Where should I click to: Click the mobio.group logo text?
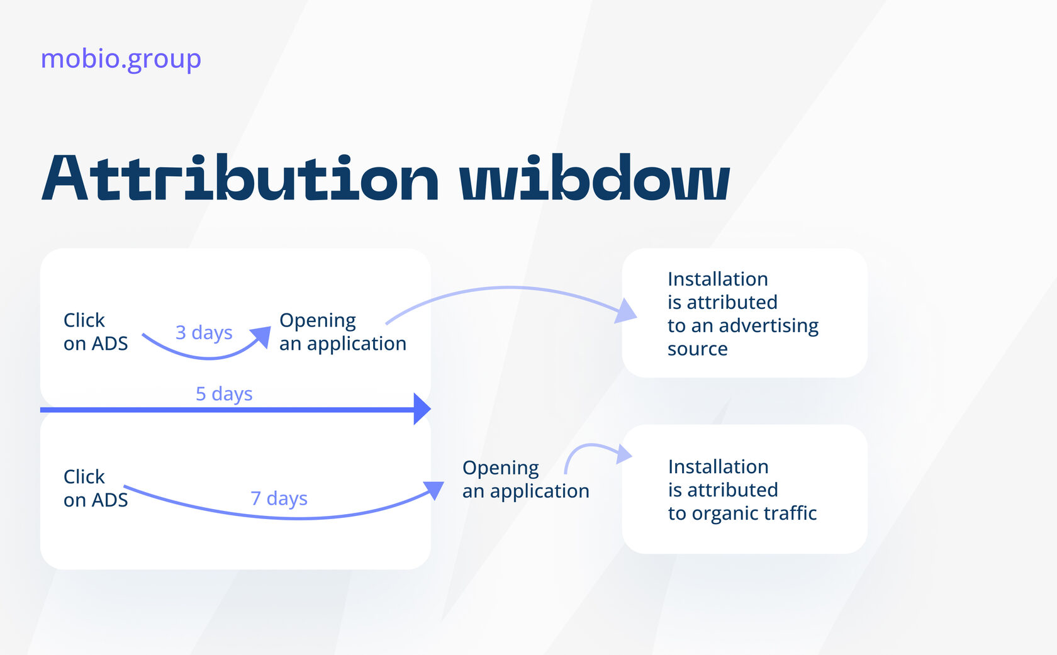[121, 60]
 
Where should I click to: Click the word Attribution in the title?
[240, 178]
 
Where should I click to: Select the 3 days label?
[204, 333]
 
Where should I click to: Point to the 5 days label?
[224, 394]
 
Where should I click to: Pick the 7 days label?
[279, 499]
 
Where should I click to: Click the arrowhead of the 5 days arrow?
[422, 409]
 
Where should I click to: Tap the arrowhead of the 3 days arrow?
[262, 337]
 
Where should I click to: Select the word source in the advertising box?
[697, 349]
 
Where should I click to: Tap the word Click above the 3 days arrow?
[84, 320]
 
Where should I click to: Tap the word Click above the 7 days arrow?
[84, 477]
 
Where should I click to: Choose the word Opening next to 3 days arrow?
[318, 321]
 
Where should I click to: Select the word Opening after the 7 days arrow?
[501, 469]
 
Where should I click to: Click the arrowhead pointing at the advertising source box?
[626, 311]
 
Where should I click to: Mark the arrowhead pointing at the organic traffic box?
[624, 454]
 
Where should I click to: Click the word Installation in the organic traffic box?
[719, 467]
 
